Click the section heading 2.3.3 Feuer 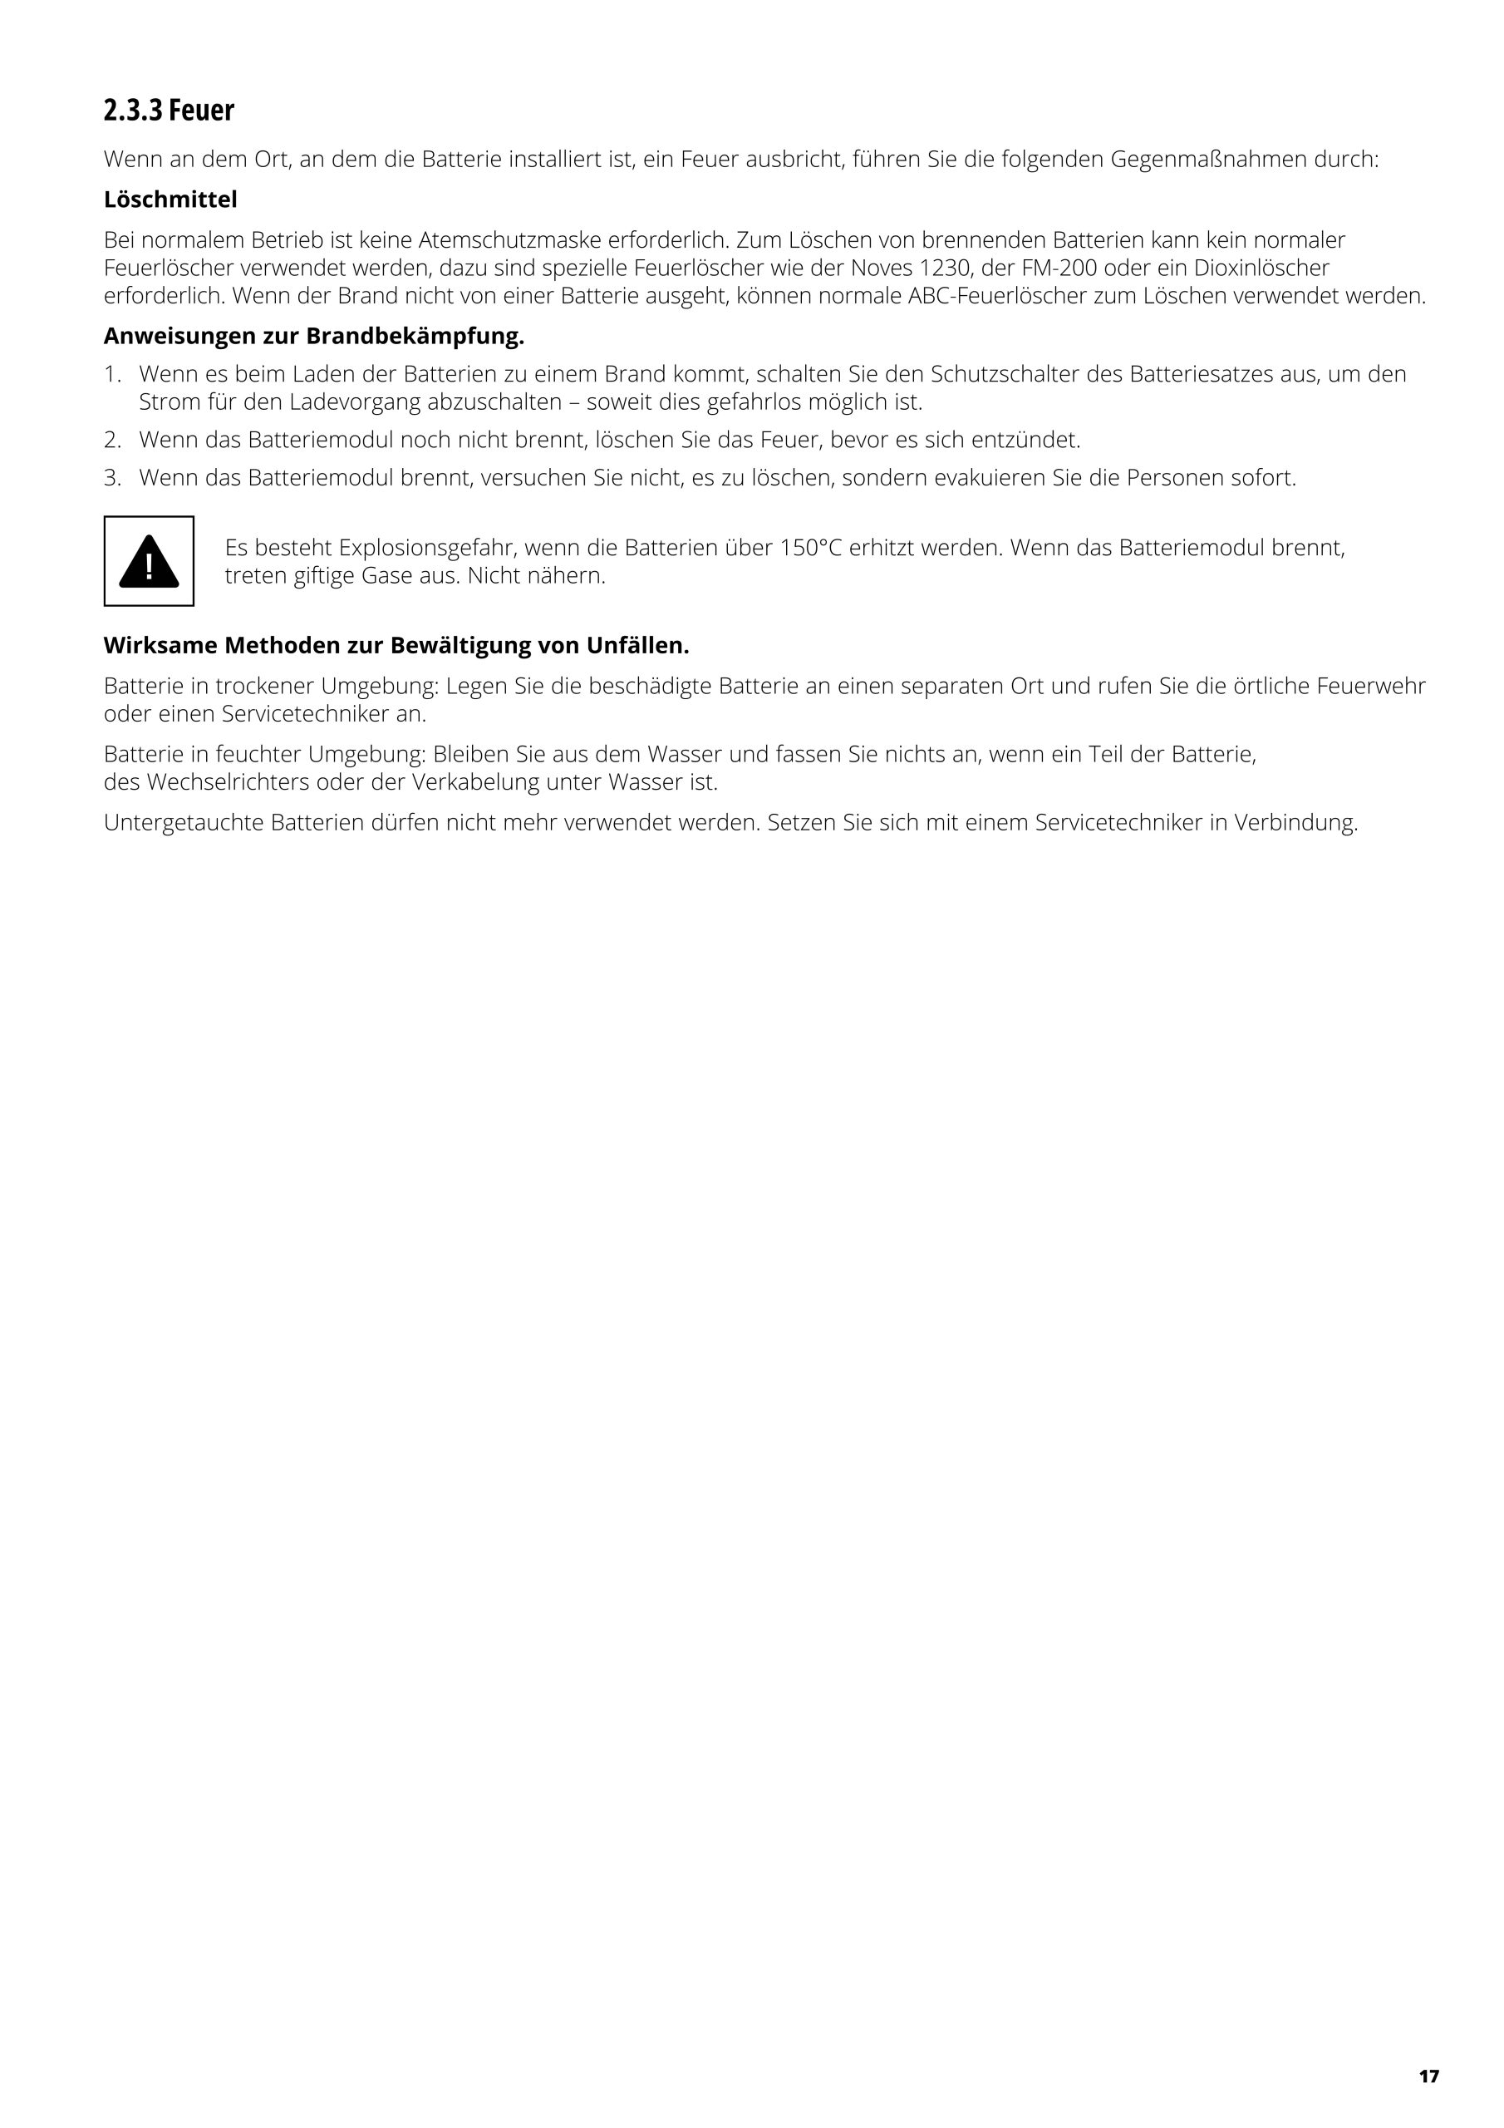tap(169, 111)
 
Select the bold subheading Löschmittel tap(170, 199)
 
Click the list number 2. tap(112, 440)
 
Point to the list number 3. tap(112, 478)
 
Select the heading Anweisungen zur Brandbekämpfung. tap(313, 336)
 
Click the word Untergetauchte tap(184, 823)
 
